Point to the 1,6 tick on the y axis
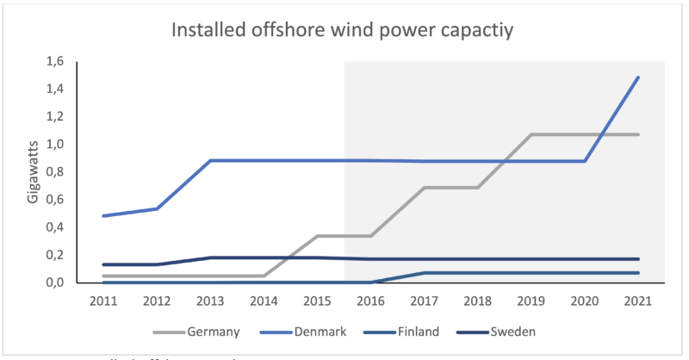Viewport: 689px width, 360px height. tap(55, 61)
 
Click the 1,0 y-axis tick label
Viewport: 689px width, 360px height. tap(55, 145)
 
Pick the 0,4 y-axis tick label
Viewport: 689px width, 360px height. tap(55, 227)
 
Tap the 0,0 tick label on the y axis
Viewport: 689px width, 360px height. tap(55, 282)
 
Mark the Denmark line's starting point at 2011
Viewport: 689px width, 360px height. tap(102, 215)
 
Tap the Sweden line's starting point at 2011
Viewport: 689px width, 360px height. tap(102, 264)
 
